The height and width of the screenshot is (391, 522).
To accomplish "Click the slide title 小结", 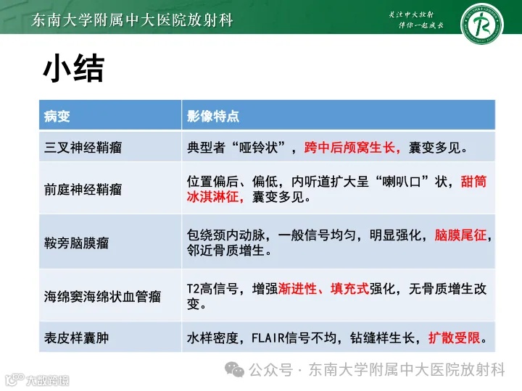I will pos(73,69).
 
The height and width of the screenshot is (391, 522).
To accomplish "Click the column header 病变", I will pos(57,116).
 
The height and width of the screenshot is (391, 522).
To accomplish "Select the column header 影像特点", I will pos(213,116).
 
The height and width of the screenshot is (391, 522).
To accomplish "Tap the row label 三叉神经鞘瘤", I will pos(83,148).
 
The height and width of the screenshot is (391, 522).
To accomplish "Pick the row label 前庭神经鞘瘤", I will pos(83,189).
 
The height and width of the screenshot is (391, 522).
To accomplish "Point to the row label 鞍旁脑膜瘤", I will pos(76,243).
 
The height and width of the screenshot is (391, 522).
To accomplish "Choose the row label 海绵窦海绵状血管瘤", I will pos(102,297).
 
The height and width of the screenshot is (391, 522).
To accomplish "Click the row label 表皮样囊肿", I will pos(76,338).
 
